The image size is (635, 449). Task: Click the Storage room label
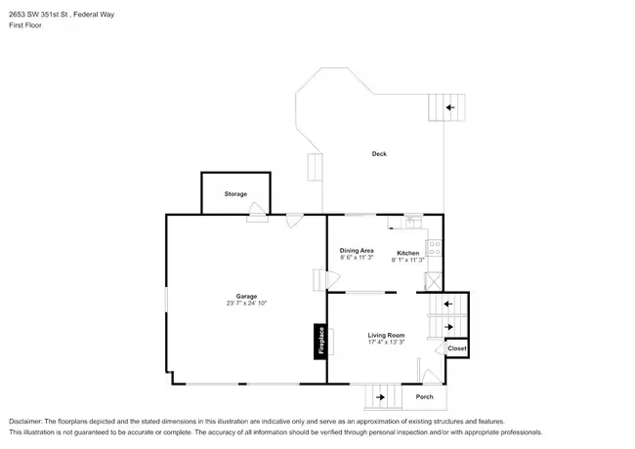click(x=235, y=194)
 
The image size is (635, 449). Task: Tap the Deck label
click(x=379, y=153)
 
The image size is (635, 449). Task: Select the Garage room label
click(x=246, y=296)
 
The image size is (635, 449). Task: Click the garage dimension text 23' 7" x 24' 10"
click(x=246, y=303)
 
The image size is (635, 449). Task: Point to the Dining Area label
click(x=357, y=251)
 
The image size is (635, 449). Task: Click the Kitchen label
click(x=407, y=253)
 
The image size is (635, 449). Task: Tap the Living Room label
click(x=386, y=335)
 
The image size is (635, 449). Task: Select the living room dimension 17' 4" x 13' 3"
click(x=386, y=342)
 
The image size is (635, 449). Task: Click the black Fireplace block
click(x=320, y=342)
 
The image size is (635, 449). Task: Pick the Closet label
click(x=457, y=348)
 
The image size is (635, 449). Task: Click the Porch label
click(x=424, y=397)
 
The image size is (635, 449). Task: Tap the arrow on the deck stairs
click(x=450, y=107)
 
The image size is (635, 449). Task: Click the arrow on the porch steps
click(x=380, y=397)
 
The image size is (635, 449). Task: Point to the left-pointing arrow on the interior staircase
click(x=447, y=304)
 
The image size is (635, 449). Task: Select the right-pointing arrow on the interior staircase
click(x=448, y=326)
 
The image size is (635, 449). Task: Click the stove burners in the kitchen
click(x=435, y=248)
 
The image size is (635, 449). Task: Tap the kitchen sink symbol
click(x=412, y=223)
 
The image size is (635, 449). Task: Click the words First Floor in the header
click(x=25, y=25)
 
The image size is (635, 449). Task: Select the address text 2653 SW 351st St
click(x=38, y=15)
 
